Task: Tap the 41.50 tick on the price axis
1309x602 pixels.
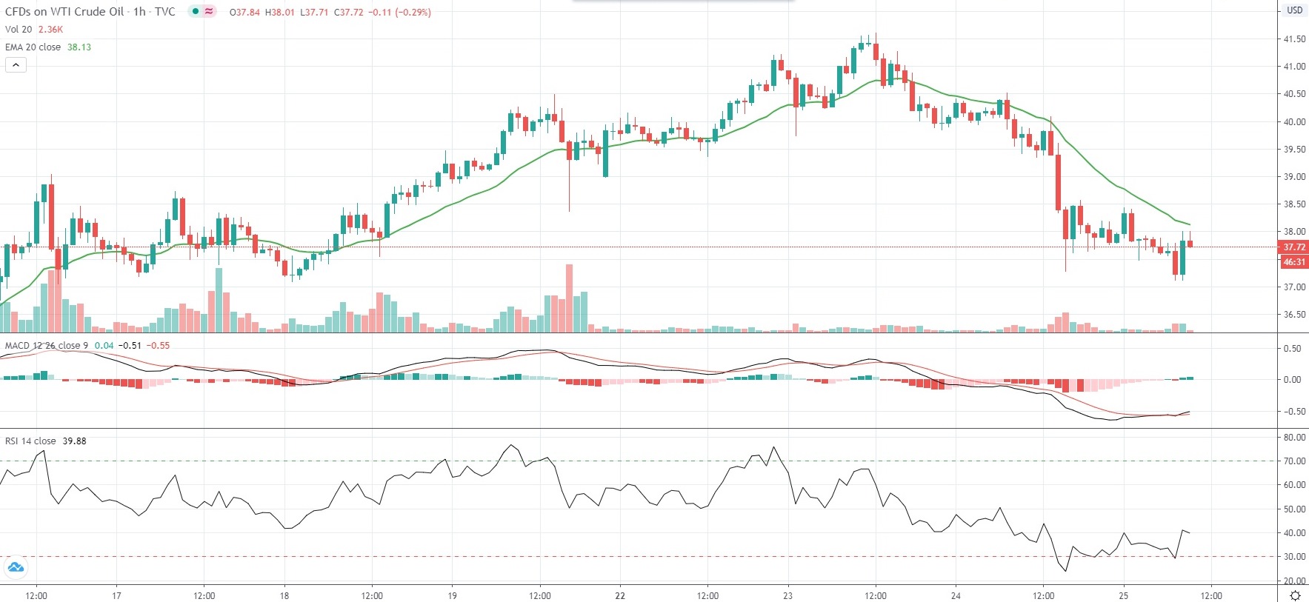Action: pos(1294,39)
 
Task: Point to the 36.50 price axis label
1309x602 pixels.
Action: pos(1294,315)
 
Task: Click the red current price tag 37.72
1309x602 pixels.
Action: pos(1293,247)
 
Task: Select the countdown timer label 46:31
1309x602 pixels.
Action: pos(1293,262)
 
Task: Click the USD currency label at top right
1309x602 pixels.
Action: pos(1294,10)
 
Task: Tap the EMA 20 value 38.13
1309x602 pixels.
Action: pos(79,47)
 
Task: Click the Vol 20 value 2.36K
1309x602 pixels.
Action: pos(51,30)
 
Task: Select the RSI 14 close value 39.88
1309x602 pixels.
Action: pos(74,441)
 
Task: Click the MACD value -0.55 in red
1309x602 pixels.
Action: pos(158,346)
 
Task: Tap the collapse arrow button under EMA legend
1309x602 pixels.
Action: pos(16,65)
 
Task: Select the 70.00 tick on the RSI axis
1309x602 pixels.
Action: pos(1294,461)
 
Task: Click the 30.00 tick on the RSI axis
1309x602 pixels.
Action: pos(1294,557)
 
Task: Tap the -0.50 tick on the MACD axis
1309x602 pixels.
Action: pos(1292,412)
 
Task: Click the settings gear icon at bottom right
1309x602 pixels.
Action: pos(1295,595)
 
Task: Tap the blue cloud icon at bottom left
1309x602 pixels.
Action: pos(16,568)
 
